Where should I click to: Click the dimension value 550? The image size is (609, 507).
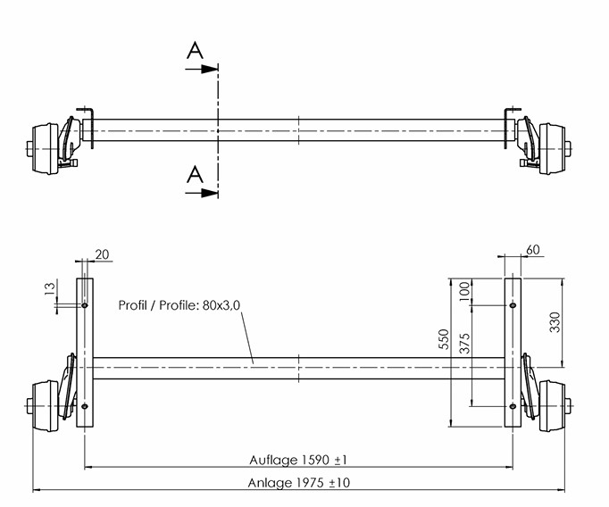pos(445,339)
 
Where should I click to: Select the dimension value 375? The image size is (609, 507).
pos(465,343)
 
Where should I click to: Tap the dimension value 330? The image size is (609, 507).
pos(555,322)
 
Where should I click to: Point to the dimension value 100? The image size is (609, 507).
pos(465,289)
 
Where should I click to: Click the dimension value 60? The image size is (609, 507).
pos(533,250)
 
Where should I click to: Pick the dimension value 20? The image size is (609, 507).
pos(102,254)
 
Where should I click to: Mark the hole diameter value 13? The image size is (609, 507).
pos(50,289)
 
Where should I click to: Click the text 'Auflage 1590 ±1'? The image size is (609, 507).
pos(298,460)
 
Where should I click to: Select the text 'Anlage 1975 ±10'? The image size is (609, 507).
pos(298,483)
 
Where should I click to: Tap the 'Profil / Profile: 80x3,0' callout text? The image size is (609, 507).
pos(179,305)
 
